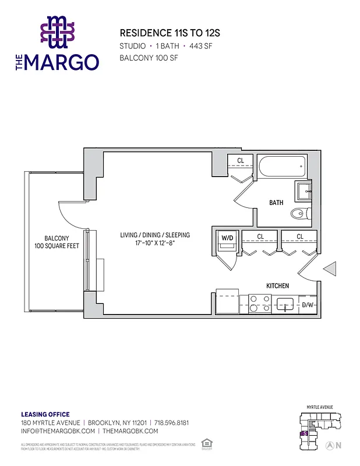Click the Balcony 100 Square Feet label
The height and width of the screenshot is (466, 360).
click(57, 242)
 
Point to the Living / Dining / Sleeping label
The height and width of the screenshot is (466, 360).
click(155, 235)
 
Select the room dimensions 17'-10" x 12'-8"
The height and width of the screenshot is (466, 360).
click(155, 243)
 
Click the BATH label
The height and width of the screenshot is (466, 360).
click(276, 203)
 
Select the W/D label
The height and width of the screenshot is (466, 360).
click(226, 237)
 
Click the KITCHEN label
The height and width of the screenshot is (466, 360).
click(278, 286)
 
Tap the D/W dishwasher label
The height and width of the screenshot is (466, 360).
click(308, 305)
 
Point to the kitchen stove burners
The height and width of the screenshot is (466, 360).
click(257, 303)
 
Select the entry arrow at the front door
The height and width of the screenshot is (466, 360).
click(329, 269)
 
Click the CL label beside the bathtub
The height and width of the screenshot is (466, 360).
click(240, 160)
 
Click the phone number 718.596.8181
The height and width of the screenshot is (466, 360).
click(172, 422)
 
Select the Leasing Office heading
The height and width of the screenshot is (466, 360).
click(45, 414)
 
